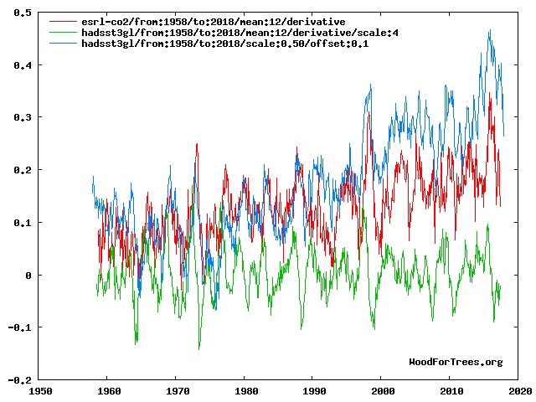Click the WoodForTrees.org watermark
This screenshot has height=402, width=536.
pos(456,362)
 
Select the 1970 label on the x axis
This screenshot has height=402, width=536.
pos(177,390)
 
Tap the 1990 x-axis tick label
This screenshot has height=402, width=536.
pos(313,390)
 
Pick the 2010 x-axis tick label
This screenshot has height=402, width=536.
pos(451,390)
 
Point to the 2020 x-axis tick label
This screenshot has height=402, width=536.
pos(518,390)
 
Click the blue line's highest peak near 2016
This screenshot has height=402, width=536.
pos(489,30)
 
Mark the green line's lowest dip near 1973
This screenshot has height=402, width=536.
pos(198,348)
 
